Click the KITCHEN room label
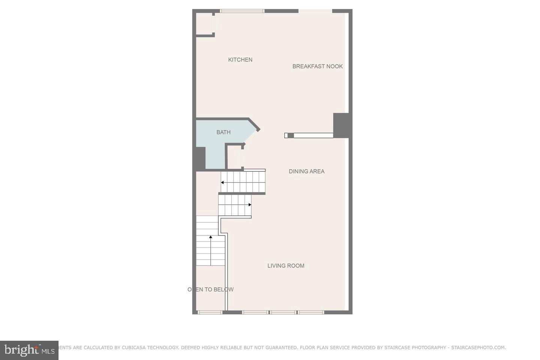[x=240, y=60]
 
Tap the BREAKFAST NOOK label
[x=317, y=66]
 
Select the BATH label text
[x=223, y=132]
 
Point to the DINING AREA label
[x=306, y=171]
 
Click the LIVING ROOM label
[x=286, y=265]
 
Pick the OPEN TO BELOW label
[x=210, y=289]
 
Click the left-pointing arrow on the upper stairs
[x=222, y=183]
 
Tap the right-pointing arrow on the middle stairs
[x=250, y=205]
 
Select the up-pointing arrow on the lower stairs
[x=210, y=237]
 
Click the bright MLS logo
[x=29, y=350]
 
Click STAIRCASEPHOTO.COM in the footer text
[x=478, y=348]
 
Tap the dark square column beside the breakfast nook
[x=342, y=125]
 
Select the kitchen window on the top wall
[x=242, y=11]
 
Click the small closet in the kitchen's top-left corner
[x=204, y=24]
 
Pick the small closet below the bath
[x=234, y=157]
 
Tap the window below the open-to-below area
[x=210, y=312]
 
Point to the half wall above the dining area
[x=309, y=135]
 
